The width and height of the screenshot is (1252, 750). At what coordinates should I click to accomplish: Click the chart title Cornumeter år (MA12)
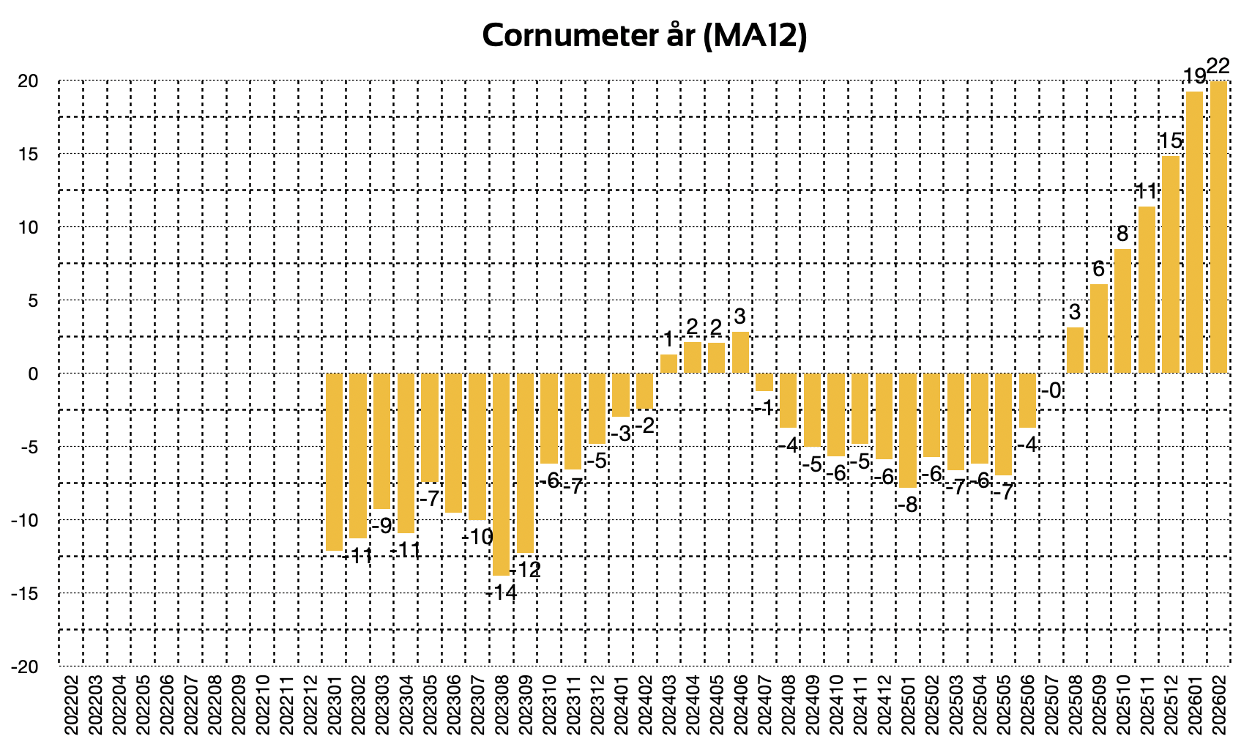pyautogui.click(x=644, y=35)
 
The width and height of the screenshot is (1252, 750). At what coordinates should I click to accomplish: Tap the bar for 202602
pyautogui.click(x=1218, y=227)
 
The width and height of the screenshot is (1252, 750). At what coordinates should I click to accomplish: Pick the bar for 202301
pyautogui.click(x=334, y=461)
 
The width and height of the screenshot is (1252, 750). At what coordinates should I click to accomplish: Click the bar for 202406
pyautogui.click(x=740, y=352)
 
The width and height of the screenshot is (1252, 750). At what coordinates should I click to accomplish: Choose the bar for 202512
pyautogui.click(x=1171, y=264)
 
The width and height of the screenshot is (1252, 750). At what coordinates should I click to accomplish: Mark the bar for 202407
pyautogui.click(x=764, y=382)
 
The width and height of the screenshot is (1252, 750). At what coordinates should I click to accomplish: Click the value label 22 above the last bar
pyautogui.click(x=1218, y=67)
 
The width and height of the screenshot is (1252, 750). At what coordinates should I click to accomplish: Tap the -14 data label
pyautogui.click(x=502, y=592)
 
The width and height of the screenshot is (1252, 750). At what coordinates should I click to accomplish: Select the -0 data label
pyautogui.click(x=1051, y=390)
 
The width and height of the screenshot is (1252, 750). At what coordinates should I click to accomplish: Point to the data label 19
pyautogui.click(x=1194, y=76)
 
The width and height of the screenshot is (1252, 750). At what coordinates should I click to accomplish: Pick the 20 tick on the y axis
pyautogui.click(x=28, y=81)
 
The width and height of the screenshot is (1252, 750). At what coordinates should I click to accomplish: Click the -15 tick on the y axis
pyautogui.click(x=25, y=593)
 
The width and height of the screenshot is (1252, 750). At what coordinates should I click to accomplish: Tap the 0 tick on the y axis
pyautogui.click(x=32, y=374)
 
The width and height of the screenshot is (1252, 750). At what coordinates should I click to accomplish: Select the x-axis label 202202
pyautogui.click(x=71, y=708)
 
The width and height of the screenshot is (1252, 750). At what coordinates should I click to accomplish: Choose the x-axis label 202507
pyautogui.click(x=1051, y=708)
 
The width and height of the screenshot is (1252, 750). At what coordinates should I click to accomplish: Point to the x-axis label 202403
pyautogui.click(x=669, y=708)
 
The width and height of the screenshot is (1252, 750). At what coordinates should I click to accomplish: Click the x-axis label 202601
pyautogui.click(x=1195, y=708)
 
